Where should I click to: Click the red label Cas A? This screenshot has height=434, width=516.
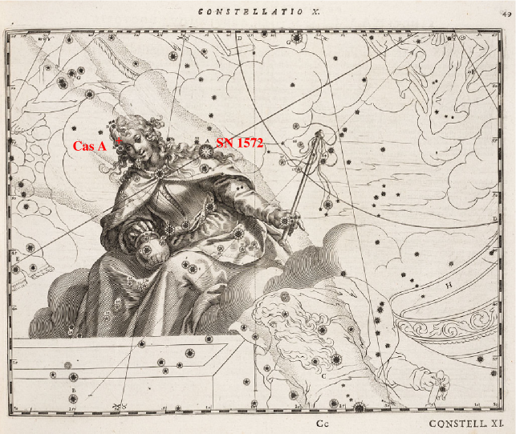pos(89,146)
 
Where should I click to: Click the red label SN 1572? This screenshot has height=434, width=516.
pos(240,142)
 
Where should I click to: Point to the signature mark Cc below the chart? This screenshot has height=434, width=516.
pos(323,423)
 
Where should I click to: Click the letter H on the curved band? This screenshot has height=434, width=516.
pos(449,284)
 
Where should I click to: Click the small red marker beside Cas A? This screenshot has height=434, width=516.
pos(119,142)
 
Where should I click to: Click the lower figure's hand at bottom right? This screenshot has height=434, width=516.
pos(437,390)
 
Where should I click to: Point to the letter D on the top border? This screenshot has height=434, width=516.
pos(239,37)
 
